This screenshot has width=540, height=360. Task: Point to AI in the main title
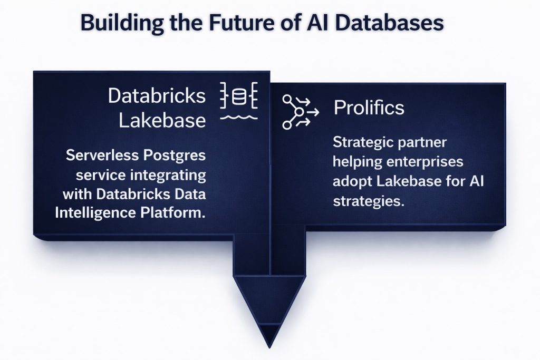326,23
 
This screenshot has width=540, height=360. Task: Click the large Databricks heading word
157,96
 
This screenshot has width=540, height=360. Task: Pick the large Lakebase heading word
162,121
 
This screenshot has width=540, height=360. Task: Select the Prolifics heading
369,108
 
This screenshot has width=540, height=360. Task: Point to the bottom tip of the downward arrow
269,346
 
